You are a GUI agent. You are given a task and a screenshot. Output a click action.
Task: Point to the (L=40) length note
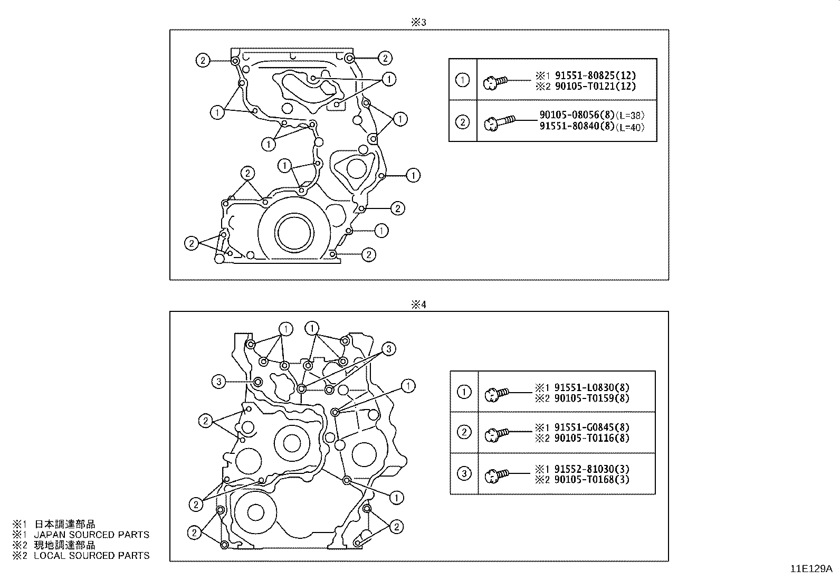tap(630, 127)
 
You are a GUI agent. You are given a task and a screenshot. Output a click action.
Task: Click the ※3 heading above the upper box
tap(418, 22)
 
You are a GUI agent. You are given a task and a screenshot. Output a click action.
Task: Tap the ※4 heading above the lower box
tap(418, 305)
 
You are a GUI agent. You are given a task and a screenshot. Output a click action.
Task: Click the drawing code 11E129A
tap(810, 569)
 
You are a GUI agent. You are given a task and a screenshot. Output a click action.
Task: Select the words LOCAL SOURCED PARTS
tap(91, 555)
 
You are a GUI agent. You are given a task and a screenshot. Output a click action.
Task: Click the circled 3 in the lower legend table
tap(464, 473)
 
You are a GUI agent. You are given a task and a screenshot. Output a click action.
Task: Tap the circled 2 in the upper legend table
tap(462, 122)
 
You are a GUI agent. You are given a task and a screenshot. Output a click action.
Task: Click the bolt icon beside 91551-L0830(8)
tap(496, 393)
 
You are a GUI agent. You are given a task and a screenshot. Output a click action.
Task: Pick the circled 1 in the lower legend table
tap(464, 392)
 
